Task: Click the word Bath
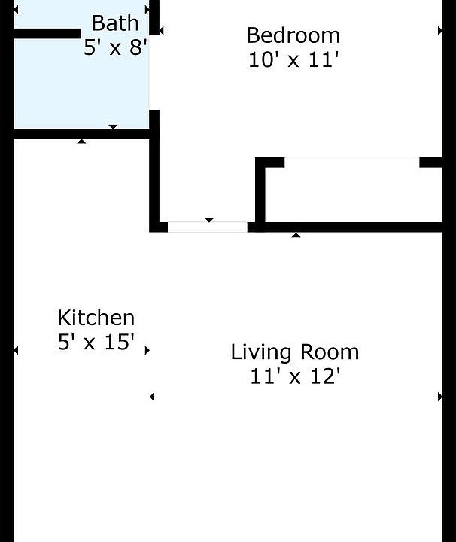(x=115, y=23)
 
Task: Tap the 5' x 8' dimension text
(x=115, y=47)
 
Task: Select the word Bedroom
(x=293, y=35)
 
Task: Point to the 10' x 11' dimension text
(x=293, y=59)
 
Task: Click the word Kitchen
(x=96, y=318)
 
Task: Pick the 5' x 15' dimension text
(x=96, y=342)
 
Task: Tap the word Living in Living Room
(x=261, y=352)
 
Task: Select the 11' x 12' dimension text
(x=295, y=376)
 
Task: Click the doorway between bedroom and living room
(x=208, y=227)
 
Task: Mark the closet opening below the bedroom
(x=352, y=162)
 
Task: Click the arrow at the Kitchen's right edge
(x=147, y=350)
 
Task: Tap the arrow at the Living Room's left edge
(x=152, y=397)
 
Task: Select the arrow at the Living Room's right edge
(x=440, y=397)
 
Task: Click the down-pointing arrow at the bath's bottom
(x=113, y=127)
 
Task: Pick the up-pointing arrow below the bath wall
(x=81, y=141)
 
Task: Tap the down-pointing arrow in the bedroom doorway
(x=209, y=220)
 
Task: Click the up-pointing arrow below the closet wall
(x=296, y=235)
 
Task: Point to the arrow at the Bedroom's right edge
(x=440, y=31)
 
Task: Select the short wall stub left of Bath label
(x=47, y=34)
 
